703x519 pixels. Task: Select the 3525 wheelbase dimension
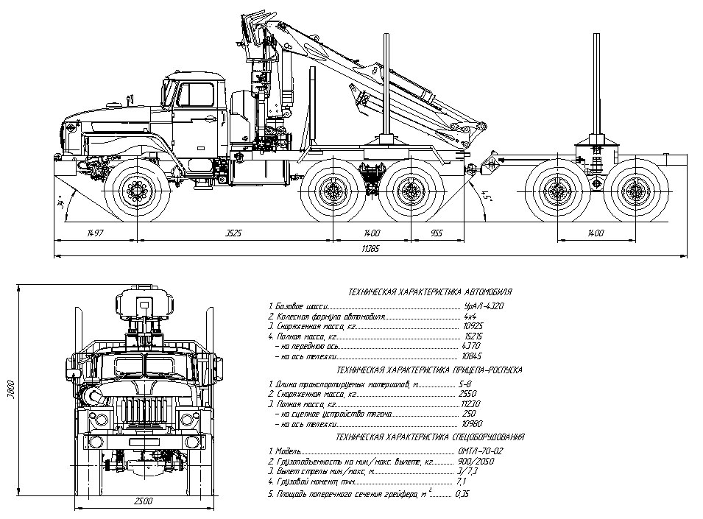coord(233,233)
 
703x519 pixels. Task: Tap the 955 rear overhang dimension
coord(436,233)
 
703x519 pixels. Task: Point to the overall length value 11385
coord(370,250)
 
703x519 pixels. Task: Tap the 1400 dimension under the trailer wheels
coord(595,233)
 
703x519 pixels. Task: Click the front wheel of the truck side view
coord(137,190)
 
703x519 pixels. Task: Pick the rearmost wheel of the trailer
coord(632,190)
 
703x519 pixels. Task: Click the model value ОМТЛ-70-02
coord(479,450)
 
